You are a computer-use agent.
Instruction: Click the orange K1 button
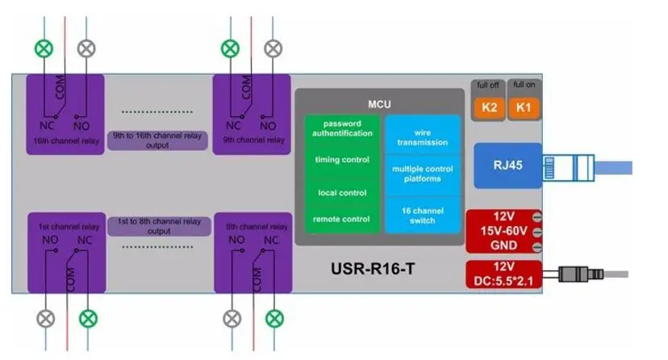(524, 106)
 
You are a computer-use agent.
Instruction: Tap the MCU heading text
(379, 104)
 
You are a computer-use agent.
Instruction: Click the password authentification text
(343, 129)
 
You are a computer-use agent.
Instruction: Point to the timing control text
(342, 160)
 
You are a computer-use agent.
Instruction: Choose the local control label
(342, 193)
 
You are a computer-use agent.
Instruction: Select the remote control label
(342, 219)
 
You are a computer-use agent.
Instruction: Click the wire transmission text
(422, 137)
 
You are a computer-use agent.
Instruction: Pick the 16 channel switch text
(422, 215)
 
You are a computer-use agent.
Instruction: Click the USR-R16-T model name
(379, 267)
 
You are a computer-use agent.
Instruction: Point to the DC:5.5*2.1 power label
(503, 279)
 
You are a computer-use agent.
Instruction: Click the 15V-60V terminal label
(498, 232)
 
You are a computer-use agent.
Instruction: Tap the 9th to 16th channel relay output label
(159, 140)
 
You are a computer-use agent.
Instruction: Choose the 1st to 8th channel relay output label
(159, 225)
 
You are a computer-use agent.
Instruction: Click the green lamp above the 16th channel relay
(44, 48)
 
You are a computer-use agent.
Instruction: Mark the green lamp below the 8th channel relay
(275, 319)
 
